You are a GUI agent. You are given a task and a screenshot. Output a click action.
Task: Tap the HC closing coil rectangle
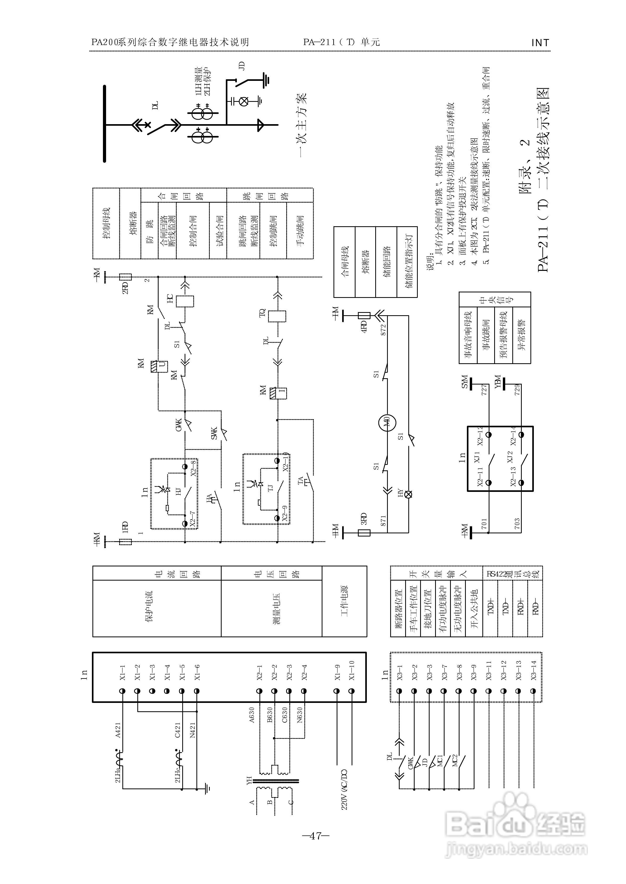pos(185,301)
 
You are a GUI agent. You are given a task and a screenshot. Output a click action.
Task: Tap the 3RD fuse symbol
pos(364,533)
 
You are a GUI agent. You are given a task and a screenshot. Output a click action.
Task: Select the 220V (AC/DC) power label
pos(344,789)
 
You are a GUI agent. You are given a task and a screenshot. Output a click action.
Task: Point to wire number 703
pos(517,523)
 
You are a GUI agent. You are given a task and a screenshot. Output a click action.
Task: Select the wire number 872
pos(383,330)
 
